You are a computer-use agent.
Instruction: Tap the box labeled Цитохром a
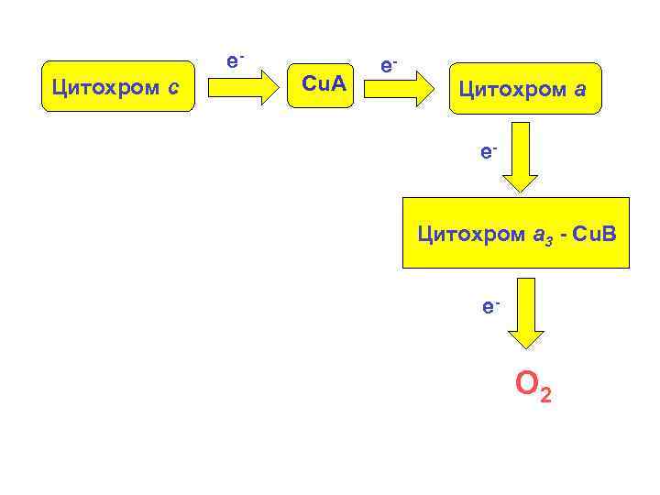pos(524,89)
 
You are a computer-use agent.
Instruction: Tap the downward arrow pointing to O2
pos(525,315)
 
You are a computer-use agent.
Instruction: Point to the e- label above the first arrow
pos(235,61)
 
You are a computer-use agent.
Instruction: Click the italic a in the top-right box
pos(581,90)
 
